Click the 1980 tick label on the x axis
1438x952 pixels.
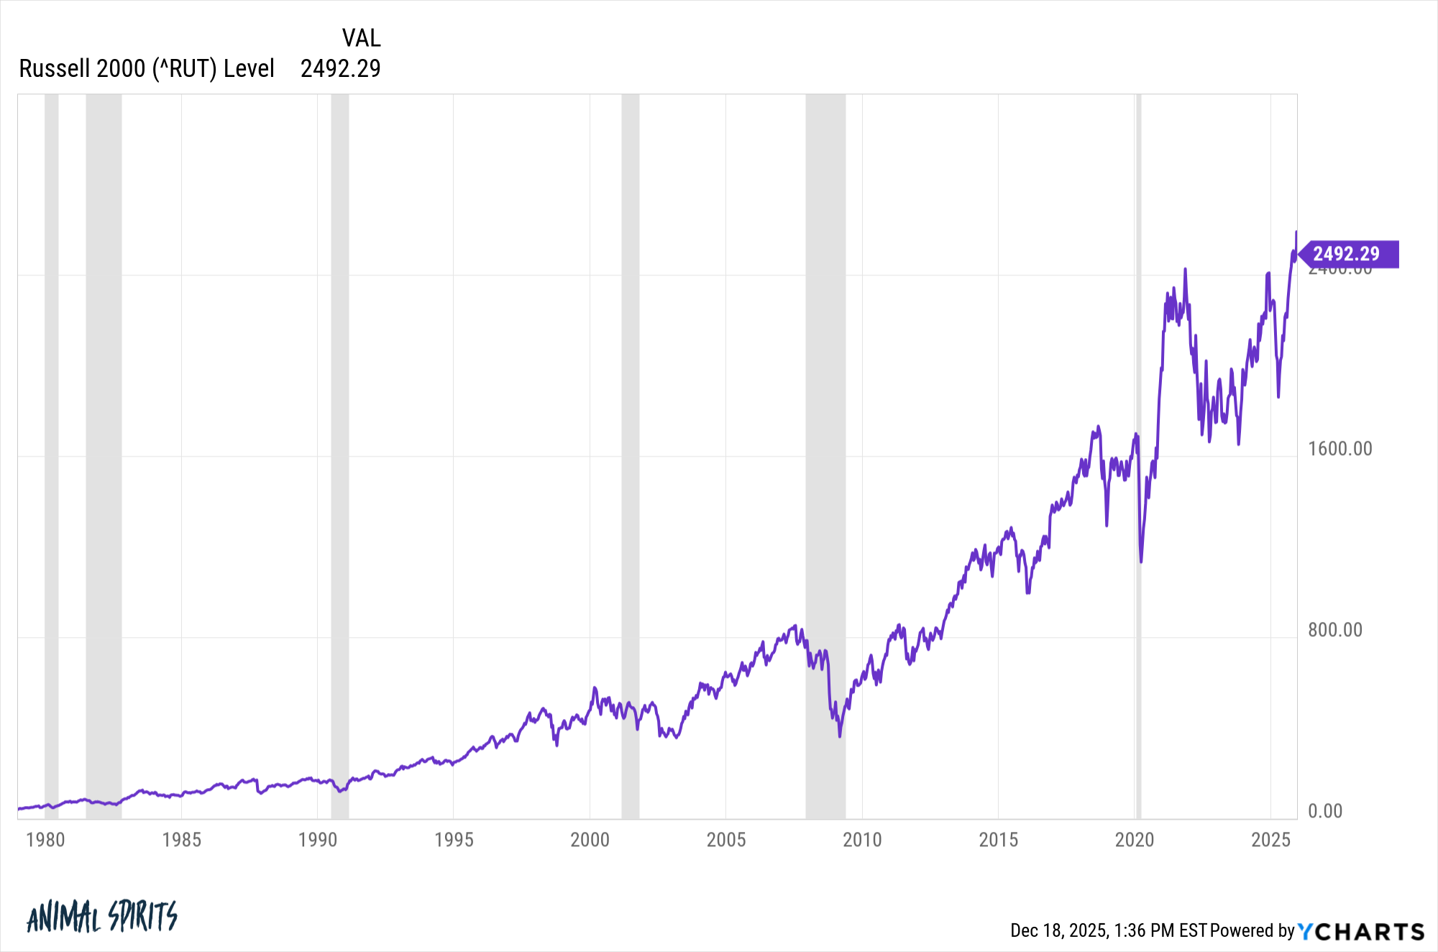tap(45, 840)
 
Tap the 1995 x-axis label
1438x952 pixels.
tap(454, 840)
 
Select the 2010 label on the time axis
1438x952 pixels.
tap(862, 840)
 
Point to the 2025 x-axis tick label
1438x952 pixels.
tap(1270, 840)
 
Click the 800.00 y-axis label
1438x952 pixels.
tap(1335, 630)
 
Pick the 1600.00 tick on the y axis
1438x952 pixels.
tap(1340, 449)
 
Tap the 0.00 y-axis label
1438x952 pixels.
tap(1325, 811)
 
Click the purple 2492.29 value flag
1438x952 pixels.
tap(1347, 254)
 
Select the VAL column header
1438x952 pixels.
tap(361, 37)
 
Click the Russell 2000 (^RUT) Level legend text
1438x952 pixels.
tap(147, 68)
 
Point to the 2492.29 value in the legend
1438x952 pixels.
tap(340, 68)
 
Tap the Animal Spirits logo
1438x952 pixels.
tap(102, 916)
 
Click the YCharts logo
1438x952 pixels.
tap(1361, 931)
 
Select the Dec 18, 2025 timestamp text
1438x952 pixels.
tap(1108, 930)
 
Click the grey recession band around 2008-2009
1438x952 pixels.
tap(825, 431)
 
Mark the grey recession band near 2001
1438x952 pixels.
tap(631, 431)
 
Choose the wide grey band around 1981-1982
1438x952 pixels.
tap(104, 431)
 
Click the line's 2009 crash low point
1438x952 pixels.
tap(839, 736)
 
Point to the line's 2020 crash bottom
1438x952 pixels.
tap(1141, 562)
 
